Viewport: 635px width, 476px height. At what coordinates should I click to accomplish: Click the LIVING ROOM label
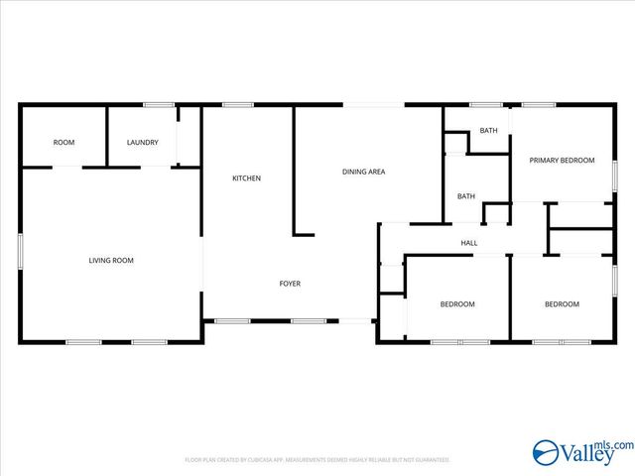pyautogui.click(x=111, y=261)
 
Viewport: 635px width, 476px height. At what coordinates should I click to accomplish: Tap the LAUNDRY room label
pyautogui.click(x=142, y=143)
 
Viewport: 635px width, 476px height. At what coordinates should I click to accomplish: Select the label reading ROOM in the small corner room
pyautogui.click(x=63, y=143)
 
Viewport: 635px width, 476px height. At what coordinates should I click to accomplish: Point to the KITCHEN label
pyautogui.click(x=246, y=178)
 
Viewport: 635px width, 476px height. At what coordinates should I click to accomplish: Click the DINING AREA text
pyautogui.click(x=363, y=173)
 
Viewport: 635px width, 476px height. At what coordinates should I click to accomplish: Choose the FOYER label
pyautogui.click(x=289, y=284)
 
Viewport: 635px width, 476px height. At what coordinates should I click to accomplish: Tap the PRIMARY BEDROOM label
pyautogui.click(x=562, y=161)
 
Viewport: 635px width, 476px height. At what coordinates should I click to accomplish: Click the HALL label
pyautogui.click(x=469, y=243)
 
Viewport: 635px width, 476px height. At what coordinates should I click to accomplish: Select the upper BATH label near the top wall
pyautogui.click(x=488, y=131)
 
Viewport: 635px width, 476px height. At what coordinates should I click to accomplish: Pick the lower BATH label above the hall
pyautogui.click(x=465, y=196)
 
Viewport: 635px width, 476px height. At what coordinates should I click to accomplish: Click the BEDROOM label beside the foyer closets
pyautogui.click(x=457, y=304)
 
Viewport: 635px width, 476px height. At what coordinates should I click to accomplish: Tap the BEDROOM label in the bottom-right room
pyautogui.click(x=562, y=304)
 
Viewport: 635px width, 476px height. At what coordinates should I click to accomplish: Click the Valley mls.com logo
pyautogui.click(x=580, y=454)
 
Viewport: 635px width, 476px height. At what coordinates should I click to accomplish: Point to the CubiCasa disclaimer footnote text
pyautogui.click(x=317, y=460)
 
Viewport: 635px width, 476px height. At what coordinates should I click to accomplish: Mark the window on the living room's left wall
pyautogui.click(x=20, y=250)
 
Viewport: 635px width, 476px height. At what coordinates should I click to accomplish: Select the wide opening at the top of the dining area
pyautogui.click(x=374, y=104)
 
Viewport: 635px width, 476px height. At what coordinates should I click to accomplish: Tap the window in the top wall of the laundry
pyautogui.click(x=159, y=104)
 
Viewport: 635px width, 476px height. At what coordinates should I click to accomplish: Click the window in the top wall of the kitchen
pyautogui.click(x=237, y=104)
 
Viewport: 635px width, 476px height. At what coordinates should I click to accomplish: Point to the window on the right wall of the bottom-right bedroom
pyautogui.click(x=614, y=282)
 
